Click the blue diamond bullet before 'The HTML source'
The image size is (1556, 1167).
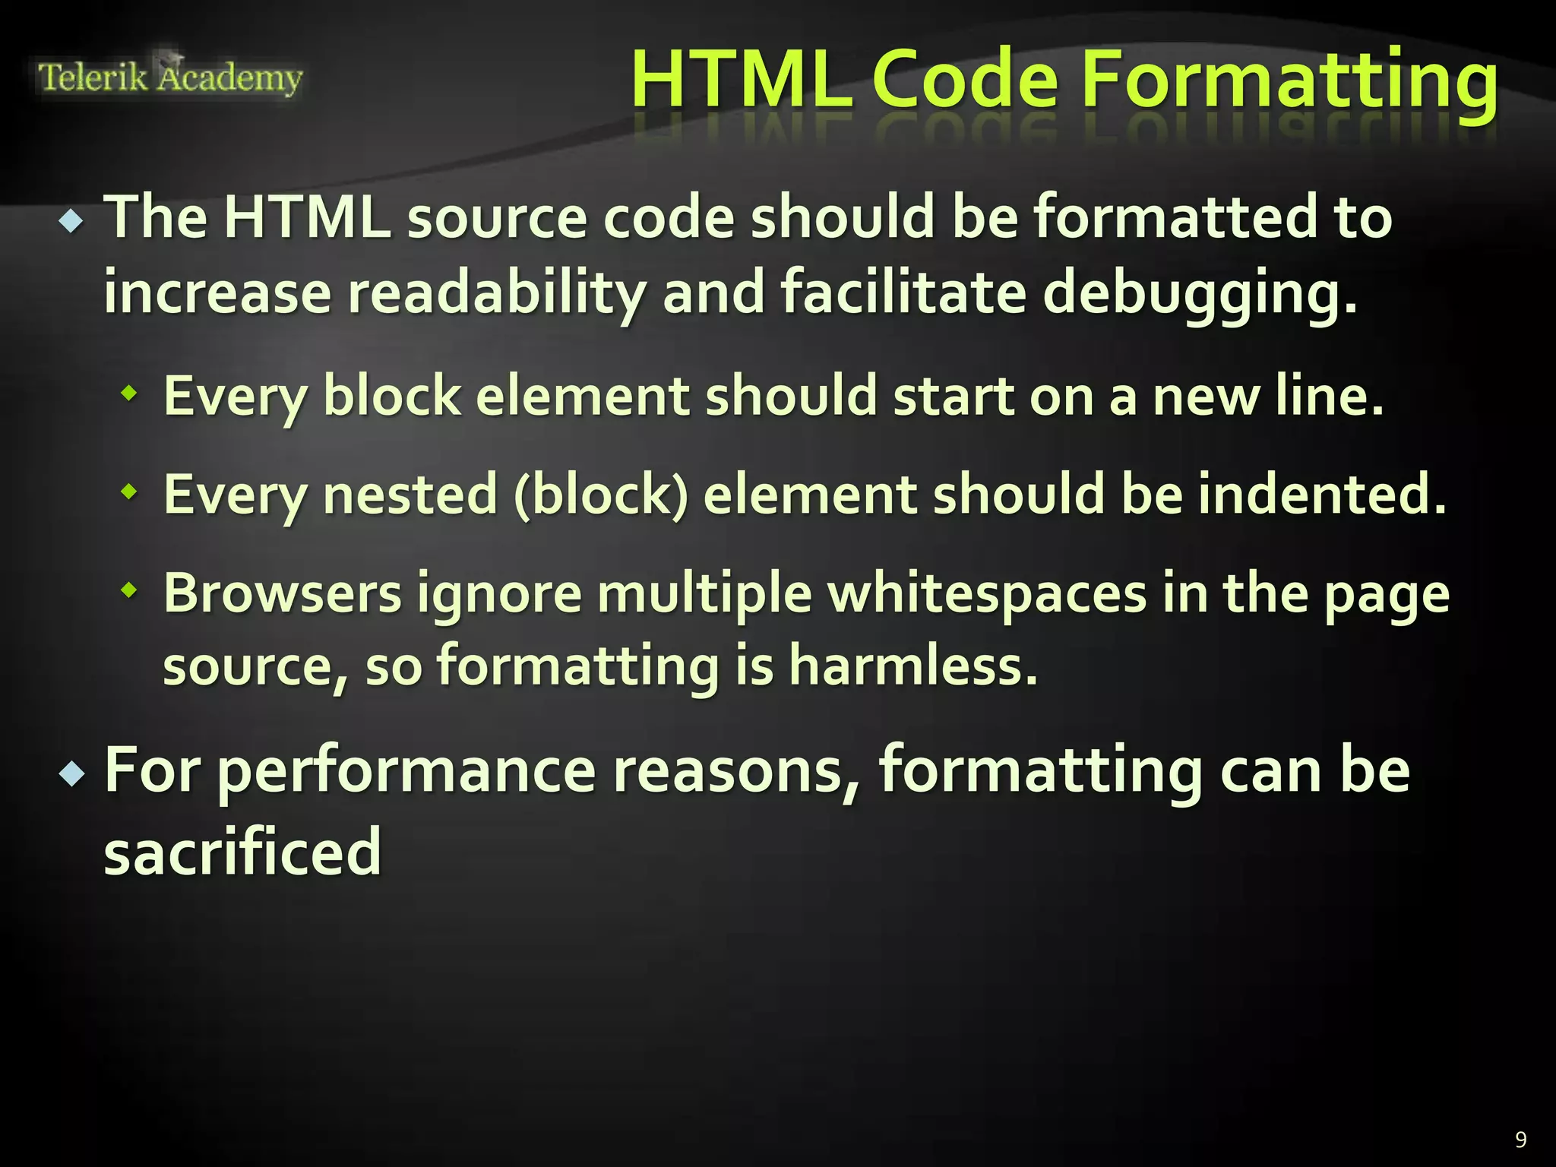72,222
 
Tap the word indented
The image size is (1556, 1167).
1322,495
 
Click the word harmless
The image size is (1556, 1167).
912,666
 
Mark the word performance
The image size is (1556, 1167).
406,772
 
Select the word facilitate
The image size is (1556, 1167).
903,293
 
